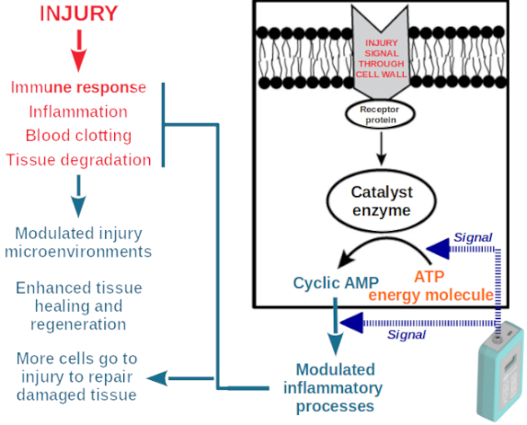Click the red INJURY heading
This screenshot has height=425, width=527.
click(x=79, y=14)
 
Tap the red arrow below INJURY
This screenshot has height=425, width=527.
click(x=79, y=51)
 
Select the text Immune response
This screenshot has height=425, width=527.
click(x=78, y=87)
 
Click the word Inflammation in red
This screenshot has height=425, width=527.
click(x=78, y=111)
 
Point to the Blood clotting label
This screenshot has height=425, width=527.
click(x=78, y=136)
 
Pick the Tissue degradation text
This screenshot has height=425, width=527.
click(x=78, y=160)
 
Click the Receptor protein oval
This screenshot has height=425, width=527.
click(x=380, y=115)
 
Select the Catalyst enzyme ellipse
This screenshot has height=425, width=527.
click(x=381, y=201)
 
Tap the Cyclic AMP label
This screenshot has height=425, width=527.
click(x=336, y=282)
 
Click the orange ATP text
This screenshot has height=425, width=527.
click(x=430, y=277)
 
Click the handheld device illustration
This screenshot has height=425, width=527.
click(x=500, y=371)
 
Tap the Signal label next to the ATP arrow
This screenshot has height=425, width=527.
click(x=473, y=237)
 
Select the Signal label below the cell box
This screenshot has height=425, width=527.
click(x=407, y=335)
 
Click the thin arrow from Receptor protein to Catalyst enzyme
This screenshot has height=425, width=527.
click(x=381, y=149)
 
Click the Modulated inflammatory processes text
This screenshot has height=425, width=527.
click(x=334, y=387)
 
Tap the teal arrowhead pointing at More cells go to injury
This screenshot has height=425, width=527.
click(x=158, y=378)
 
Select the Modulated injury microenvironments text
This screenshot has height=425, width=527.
click(x=78, y=243)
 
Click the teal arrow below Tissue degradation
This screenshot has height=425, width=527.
click(x=79, y=196)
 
